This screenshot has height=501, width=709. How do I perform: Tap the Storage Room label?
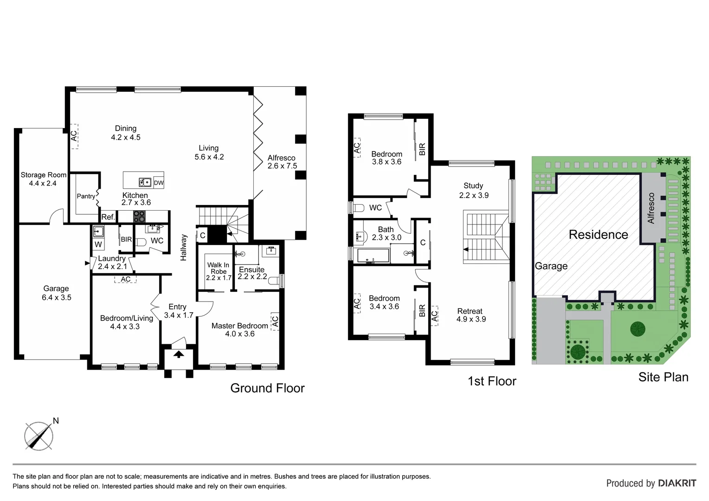(43, 175)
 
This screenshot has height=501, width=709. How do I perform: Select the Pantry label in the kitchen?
(86, 196)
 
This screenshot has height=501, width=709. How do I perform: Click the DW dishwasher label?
(159, 183)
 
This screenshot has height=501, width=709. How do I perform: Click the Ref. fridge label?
(108, 217)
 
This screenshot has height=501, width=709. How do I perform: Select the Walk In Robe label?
(218, 268)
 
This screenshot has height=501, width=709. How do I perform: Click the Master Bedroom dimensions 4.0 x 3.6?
(240, 334)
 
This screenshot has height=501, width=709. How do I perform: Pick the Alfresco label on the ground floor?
(281, 158)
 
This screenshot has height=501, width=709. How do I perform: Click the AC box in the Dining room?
(73, 136)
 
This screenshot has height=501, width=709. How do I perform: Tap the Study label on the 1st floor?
(473, 186)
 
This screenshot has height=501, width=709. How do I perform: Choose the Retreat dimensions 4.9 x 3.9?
(471, 319)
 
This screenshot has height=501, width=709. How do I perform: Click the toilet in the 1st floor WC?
(359, 208)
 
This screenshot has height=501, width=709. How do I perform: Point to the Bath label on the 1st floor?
(386, 229)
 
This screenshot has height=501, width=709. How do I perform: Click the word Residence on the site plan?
(598, 235)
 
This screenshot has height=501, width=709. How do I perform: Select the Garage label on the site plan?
(551, 266)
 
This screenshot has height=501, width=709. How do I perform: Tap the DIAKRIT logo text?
(677, 483)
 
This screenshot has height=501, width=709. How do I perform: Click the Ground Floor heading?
(267, 388)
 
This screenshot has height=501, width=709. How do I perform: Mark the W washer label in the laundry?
(98, 244)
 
